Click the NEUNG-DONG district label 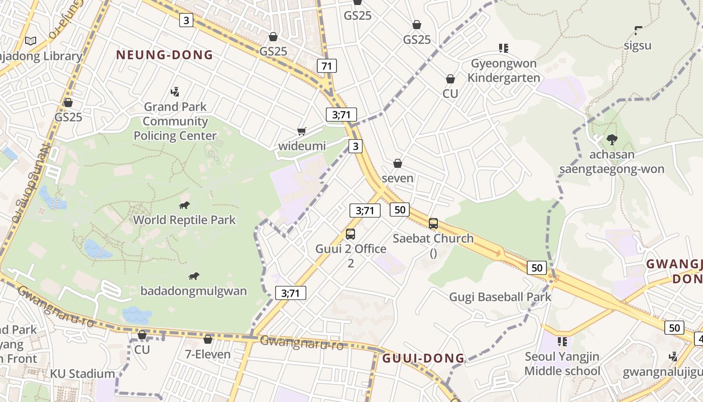point(165,55)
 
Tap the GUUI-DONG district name point(423,358)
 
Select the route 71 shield point(327,66)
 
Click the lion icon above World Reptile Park point(184,205)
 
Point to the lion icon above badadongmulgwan point(194,276)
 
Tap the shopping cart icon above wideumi point(302,132)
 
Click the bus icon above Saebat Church point(433,224)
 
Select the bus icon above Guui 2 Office point(350,234)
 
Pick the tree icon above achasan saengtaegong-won point(612,139)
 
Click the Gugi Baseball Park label point(500,297)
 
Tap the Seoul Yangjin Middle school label point(562,364)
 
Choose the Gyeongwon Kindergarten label point(504,70)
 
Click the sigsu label point(638,46)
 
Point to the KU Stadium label point(82,374)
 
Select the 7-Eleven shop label point(208,354)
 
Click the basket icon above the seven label point(398,163)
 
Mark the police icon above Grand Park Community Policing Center point(175,91)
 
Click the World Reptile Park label point(184,220)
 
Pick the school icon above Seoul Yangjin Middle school point(562,342)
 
